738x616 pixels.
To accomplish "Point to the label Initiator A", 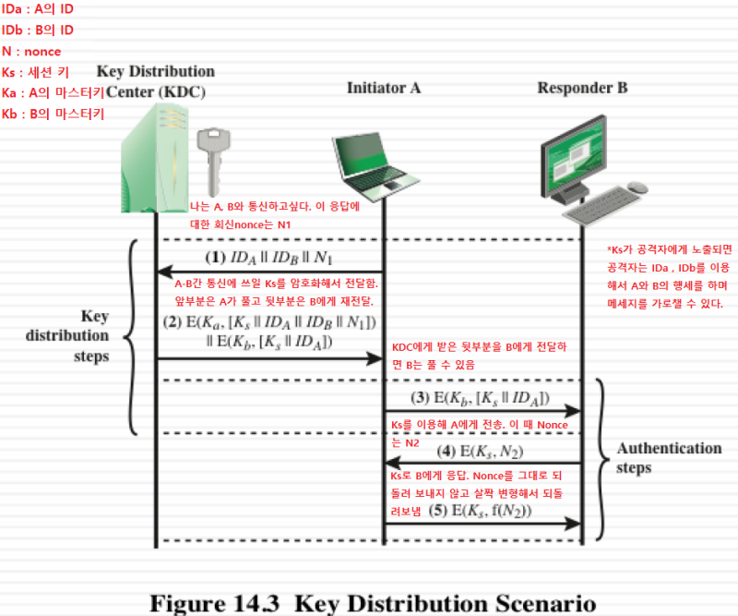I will (384, 89).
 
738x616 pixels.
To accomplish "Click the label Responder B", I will (582, 89).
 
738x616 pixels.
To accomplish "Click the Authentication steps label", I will (670, 458).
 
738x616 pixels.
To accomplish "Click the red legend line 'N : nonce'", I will (31, 52).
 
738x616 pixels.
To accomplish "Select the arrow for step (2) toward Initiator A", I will (268, 357).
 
